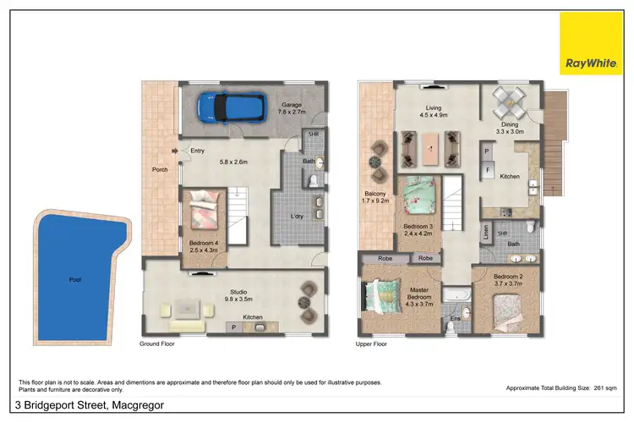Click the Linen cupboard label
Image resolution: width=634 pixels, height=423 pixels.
pos(486,230)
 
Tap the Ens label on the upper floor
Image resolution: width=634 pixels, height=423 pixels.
pos(454,318)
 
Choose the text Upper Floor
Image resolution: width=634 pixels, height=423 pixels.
pos(370,344)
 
